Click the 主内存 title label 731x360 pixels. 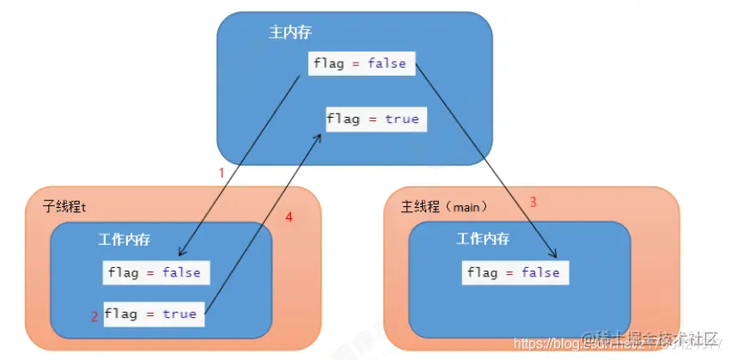click(x=289, y=33)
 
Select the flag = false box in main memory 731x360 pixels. click(x=360, y=64)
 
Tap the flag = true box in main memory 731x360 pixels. click(x=374, y=119)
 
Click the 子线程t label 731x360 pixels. click(x=64, y=206)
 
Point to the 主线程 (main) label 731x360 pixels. click(x=444, y=207)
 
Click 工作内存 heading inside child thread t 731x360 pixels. click(x=125, y=239)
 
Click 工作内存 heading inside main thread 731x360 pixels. click(x=482, y=239)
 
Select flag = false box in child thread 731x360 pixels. click(x=155, y=272)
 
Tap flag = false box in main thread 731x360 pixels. click(x=514, y=272)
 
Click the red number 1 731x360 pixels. click(x=221, y=173)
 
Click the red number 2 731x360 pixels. click(x=94, y=316)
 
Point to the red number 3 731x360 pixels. click(x=533, y=202)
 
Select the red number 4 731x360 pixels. click(x=289, y=218)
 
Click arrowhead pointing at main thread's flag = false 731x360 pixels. click(x=555, y=255)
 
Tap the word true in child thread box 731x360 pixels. click(x=180, y=314)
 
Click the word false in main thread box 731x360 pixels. click(x=540, y=272)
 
